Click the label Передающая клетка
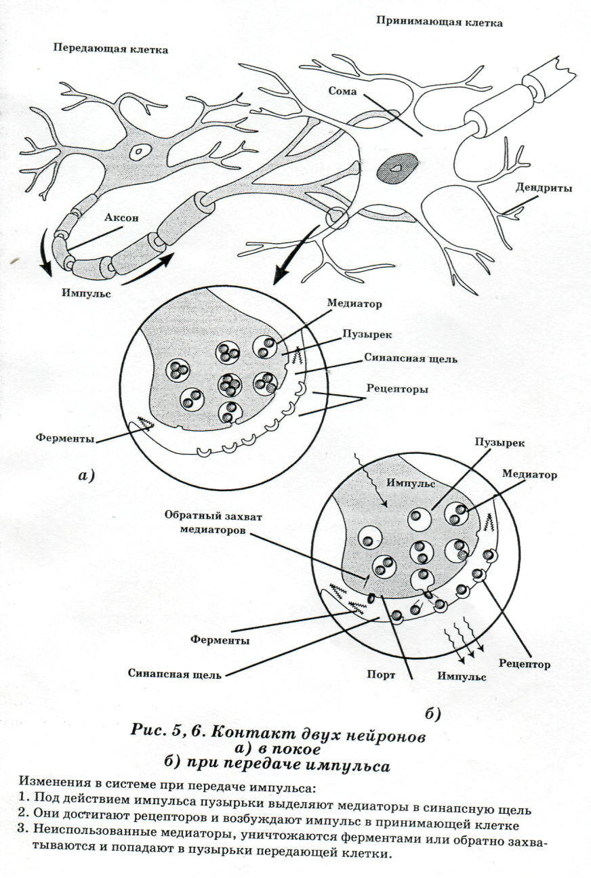pos(109,49)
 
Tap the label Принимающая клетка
pos(439,22)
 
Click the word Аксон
pos(122,218)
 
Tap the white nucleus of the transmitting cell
pos(142,152)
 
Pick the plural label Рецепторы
pos(396,389)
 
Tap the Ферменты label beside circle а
pos(65,438)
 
